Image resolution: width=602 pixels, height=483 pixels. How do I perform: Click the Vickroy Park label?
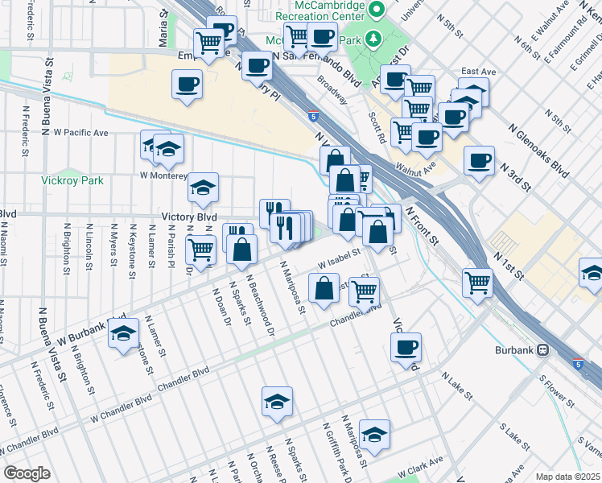(72, 181)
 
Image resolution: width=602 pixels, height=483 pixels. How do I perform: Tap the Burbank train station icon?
(544, 351)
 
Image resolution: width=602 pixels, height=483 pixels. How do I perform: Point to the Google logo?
(26, 473)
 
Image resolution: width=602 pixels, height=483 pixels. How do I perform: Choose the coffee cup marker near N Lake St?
(406, 347)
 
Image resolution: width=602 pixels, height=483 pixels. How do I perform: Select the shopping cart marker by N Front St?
(477, 282)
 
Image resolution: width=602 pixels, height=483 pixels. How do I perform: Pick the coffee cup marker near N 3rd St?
(480, 160)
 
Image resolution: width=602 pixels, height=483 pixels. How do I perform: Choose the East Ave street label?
(477, 72)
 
